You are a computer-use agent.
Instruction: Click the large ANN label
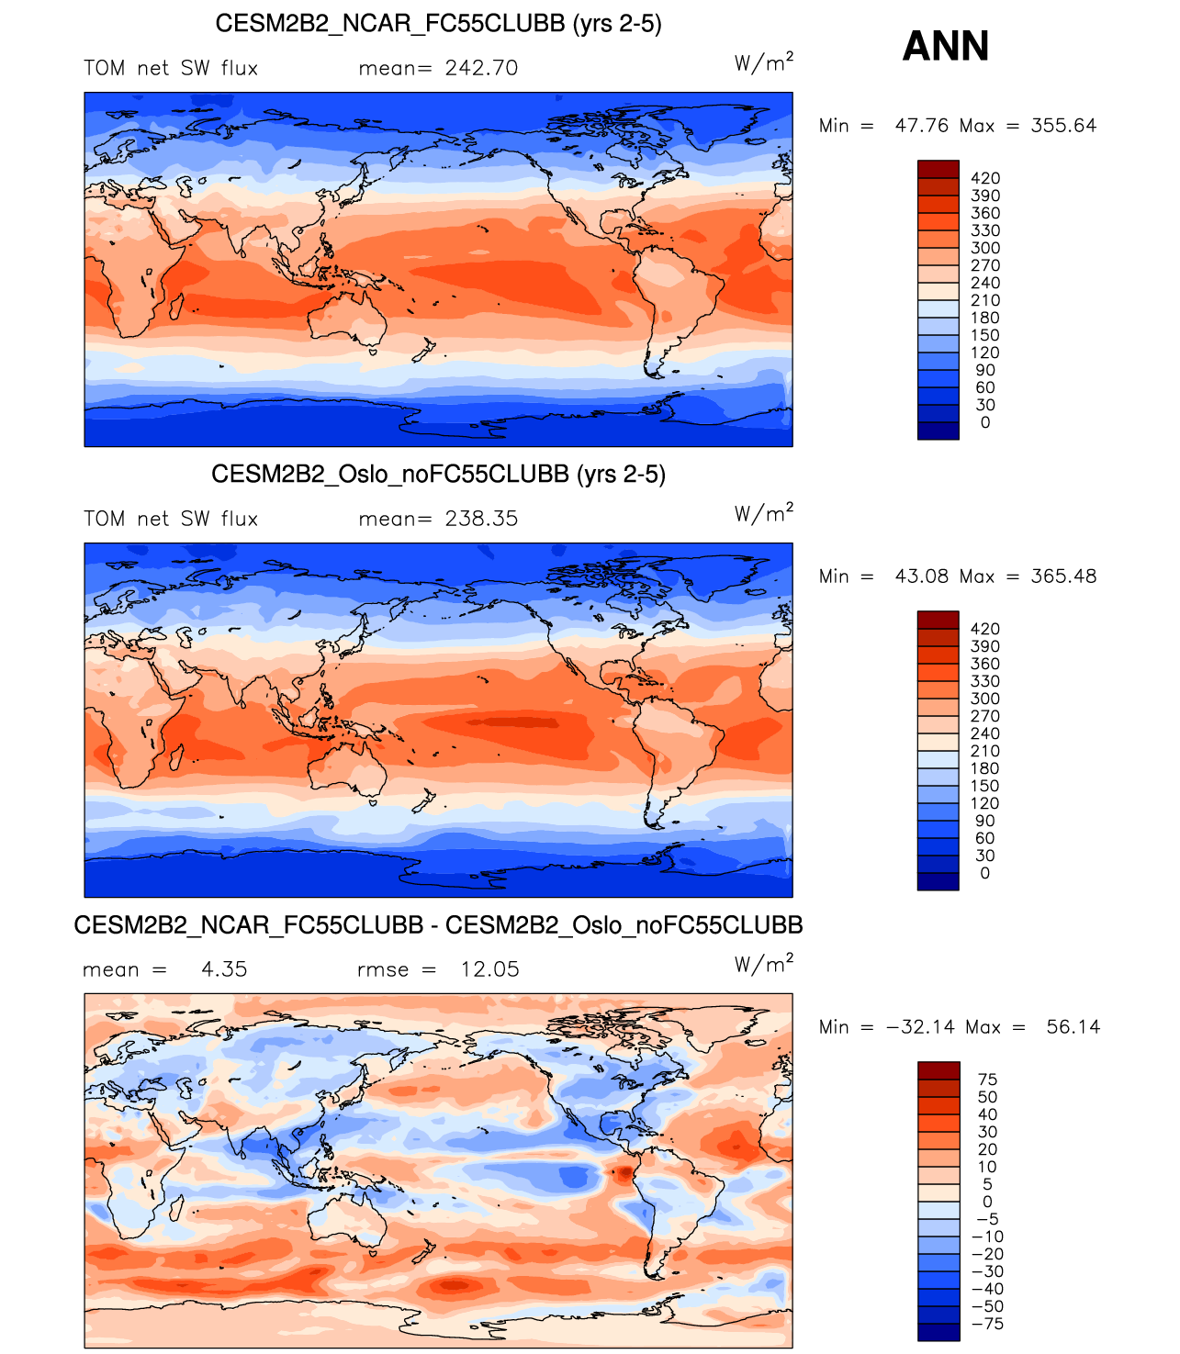pos(946,46)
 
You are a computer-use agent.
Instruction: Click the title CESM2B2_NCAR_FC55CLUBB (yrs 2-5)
pos(438,23)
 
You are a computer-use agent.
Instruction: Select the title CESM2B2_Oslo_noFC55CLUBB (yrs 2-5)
pos(438,474)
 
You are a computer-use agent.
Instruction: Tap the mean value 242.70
pos(481,69)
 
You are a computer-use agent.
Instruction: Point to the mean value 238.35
pos(481,520)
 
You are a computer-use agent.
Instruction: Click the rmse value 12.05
pos(489,970)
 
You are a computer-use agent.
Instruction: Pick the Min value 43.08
pos(922,576)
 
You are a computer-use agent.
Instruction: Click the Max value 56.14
pos(1073,1027)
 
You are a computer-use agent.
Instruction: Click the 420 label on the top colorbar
pos(985,178)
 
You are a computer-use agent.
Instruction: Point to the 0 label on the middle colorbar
pos(985,873)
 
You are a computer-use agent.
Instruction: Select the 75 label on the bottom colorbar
pos(987,1080)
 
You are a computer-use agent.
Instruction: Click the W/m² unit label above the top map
pos(763,62)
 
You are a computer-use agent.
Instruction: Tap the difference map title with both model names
pos(438,924)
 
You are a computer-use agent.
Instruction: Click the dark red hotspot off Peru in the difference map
pos(624,1172)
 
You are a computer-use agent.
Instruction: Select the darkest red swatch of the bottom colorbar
pos(938,1070)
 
